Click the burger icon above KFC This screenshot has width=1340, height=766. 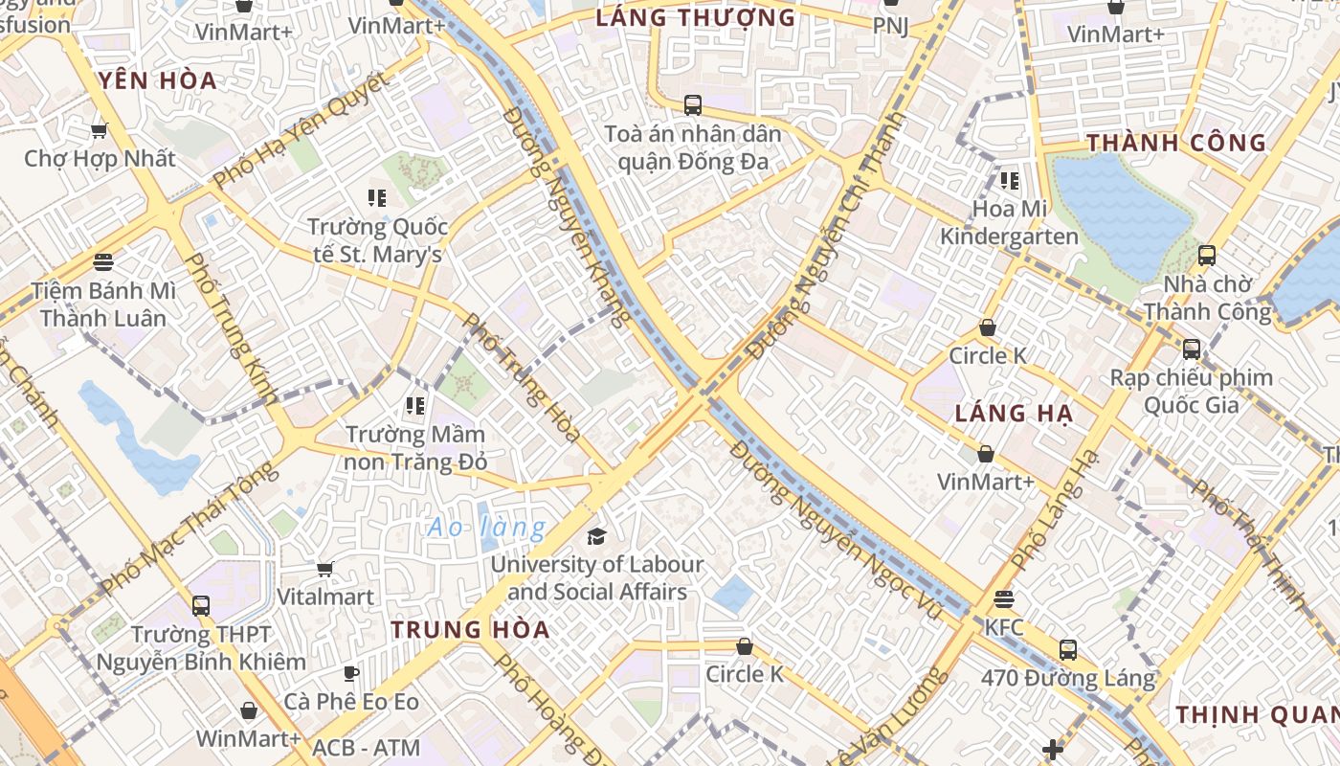coord(1003,599)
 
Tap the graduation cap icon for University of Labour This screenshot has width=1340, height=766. coord(597,536)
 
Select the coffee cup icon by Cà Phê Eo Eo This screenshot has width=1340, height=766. coord(351,673)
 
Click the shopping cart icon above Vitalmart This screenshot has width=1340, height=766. coord(325,569)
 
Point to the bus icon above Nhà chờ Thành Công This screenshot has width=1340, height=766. coord(1206,256)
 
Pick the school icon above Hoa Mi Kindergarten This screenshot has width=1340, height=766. coord(1009,180)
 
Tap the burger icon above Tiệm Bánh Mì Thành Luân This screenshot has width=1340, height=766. coord(103,261)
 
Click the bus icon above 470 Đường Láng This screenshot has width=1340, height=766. coord(1068,650)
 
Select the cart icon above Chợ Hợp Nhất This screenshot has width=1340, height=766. coord(99,130)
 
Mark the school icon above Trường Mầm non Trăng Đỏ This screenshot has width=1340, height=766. coord(415,406)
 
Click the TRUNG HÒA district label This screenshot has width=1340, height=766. coord(470,630)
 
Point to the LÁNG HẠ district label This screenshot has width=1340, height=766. coord(1015,415)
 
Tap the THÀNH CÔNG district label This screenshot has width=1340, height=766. coord(1176,144)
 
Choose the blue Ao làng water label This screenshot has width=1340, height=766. coord(486,527)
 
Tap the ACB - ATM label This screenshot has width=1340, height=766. coord(366,748)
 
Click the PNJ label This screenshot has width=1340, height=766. coord(890,26)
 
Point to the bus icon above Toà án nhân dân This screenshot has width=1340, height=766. coord(692,105)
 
